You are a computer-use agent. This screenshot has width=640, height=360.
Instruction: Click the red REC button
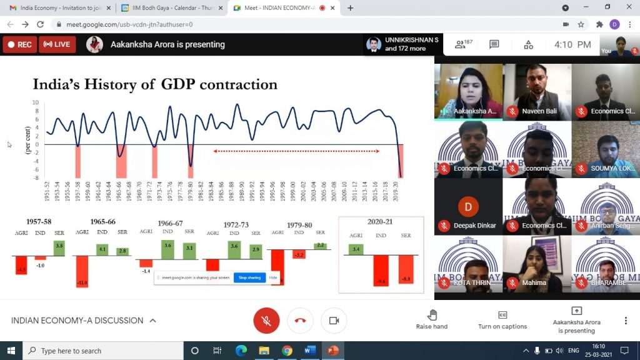pos(19,44)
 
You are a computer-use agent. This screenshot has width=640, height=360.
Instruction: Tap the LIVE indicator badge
pos(57,44)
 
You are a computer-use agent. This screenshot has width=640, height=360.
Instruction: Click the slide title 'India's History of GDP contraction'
pos(155,84)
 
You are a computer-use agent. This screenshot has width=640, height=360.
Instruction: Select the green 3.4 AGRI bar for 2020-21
pos(356,249)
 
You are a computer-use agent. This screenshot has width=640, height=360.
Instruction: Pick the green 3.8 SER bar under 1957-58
pos(59,247)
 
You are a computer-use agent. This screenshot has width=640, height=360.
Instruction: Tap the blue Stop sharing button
pos(249,277)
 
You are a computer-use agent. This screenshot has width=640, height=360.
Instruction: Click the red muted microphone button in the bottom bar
pos(266,321)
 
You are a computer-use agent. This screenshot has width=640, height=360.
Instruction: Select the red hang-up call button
pos(300,321)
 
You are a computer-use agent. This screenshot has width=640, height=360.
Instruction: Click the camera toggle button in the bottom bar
pos(334,321)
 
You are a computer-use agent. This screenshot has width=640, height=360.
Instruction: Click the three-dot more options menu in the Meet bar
pos(626,321)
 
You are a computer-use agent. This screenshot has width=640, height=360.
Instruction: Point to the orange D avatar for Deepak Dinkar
pos(468,206)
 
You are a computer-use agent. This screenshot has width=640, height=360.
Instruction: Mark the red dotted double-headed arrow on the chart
pos(296,151)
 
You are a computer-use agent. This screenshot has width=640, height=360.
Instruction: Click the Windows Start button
pos(11,351)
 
